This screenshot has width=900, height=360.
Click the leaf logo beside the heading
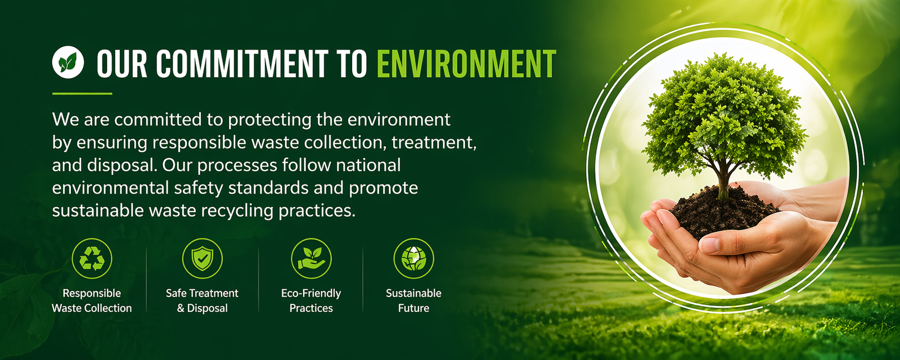pyautogui.click(x=68, y=62)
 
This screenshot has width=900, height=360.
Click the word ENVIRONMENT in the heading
pyautogui.click(x=466, y=64)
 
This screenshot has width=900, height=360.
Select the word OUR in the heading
pyautogui.click(x=121, y=64)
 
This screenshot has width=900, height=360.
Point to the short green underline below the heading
pyautogui.click(x=82, y=93)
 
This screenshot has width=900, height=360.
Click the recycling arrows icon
pyautogui.click(x=92, y=258)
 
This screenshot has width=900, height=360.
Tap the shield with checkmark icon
pyautogui.click(x=202, y=258)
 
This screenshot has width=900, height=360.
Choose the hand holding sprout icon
pyautogui.click(x=311, y=258)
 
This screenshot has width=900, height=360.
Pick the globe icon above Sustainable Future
pyautogui.click(x=413, y=258)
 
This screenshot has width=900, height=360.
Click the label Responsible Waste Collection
pyautogui.click(x=92, y=300)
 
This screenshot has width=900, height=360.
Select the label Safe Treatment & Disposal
pyautogui.click(x=202, y=300)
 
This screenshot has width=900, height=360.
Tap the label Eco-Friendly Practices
pyautogui.click(x=311, y=300)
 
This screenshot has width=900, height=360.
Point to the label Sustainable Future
pyautogui.click(x=413, y=300)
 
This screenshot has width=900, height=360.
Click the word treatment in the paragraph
pyautogui.click(x=434, y=143)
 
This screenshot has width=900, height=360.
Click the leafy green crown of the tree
pyautogui.click(x=723, y=116)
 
